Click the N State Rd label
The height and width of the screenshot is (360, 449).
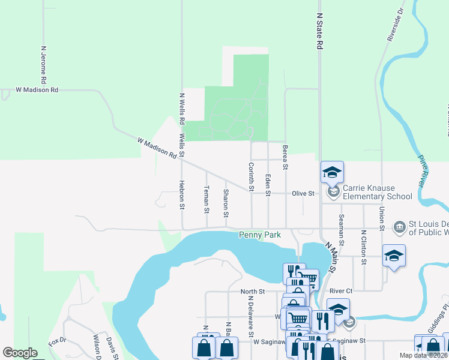click(x=319, y=32)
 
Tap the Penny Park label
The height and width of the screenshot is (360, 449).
click(x=259, y=235)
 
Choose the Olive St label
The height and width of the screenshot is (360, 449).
click(x=303, y=194)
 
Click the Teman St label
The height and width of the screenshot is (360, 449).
click(x=206, y=199)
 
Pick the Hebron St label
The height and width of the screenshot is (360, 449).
click(x=181, y=195)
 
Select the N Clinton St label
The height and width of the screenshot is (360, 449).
click(x=363, y=247)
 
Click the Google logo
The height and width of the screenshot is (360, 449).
click(x=20, y=353)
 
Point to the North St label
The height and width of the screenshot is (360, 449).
click(x=253, y=292)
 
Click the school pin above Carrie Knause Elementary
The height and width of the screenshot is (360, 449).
click(x=332, y=173)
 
